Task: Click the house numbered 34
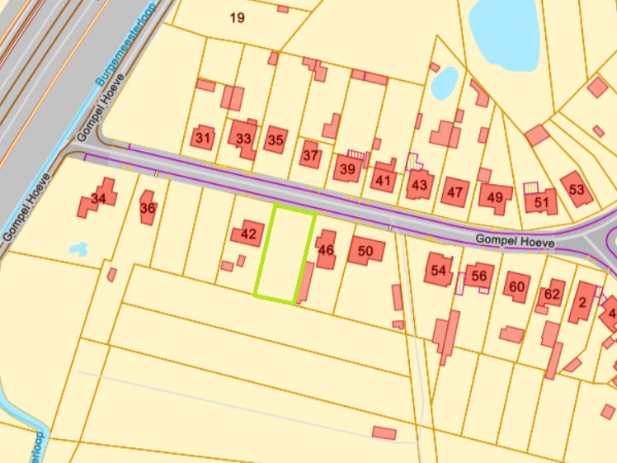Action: pyautogui.click(x=98, y=198)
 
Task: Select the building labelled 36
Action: pyautogui.click(x=148, y=208)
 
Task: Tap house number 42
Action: pyautogui.click(x=248, y=234)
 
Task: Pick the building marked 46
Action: pyautogui.click(x=326, y=250)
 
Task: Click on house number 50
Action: pyautogui.click(x=366, y=250)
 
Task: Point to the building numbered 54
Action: pyautogui.click(x=439, y=271)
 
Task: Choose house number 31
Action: pyautogui.click(x=203, y=138)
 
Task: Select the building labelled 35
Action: pyautogui.click(x=276, y=139)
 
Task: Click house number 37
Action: pyautogui.click(x=310, y=154)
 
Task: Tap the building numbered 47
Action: pyautogui.click(x=454, y=192)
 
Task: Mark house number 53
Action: pyautogui.click(x=576, y=190)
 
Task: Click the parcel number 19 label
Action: pyautogui.click(x=238, y=17)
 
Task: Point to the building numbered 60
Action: pyautogui.click(x=517, y=286)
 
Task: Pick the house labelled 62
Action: pyautogui.click(x=552, y=294)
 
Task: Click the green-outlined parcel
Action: pyautogui.click(x=285, y=254)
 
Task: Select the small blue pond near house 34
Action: pyautogui.click(x=78, y=248)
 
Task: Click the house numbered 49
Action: pyautogui.click(x=494, y=197)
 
